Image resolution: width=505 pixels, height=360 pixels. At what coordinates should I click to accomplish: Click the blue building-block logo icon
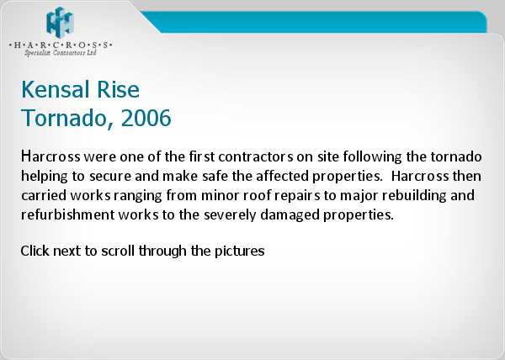pos(61,22)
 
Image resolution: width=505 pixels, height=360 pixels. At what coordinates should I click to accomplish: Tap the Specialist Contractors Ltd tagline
pos(61,52)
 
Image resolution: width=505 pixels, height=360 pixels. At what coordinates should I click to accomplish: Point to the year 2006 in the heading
pos(146,118)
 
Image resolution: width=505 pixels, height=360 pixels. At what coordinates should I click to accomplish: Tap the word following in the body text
pos(372,157)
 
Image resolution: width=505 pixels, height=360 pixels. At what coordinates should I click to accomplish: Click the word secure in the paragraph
pos(109,177)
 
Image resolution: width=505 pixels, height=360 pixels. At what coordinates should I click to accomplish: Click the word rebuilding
pos(414,196)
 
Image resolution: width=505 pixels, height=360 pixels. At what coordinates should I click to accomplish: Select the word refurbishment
pos(67,214)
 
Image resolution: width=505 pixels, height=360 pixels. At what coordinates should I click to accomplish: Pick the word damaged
pos(290,215)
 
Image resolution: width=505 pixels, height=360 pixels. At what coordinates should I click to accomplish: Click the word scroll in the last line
pos(118,251)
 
